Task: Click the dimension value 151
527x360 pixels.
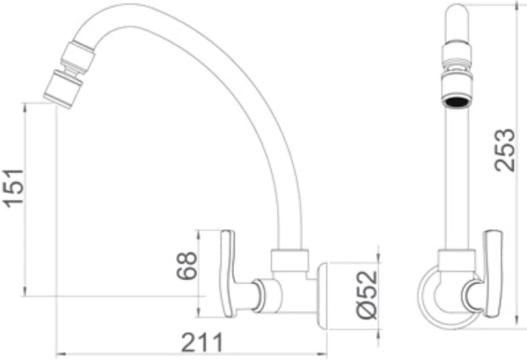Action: click(x=13, y=189)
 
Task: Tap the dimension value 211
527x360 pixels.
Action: click(x=203, y=342)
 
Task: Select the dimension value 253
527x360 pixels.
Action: click(x=505, y=150)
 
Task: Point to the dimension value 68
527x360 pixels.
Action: click(x=187, y=265)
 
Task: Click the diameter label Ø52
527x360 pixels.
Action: click(x=367, y=294)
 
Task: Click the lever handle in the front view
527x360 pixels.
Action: click(x=493, y=274)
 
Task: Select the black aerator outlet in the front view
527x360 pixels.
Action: click(x=457, y=101)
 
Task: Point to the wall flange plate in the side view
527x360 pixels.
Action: click(x=322, y=297)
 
